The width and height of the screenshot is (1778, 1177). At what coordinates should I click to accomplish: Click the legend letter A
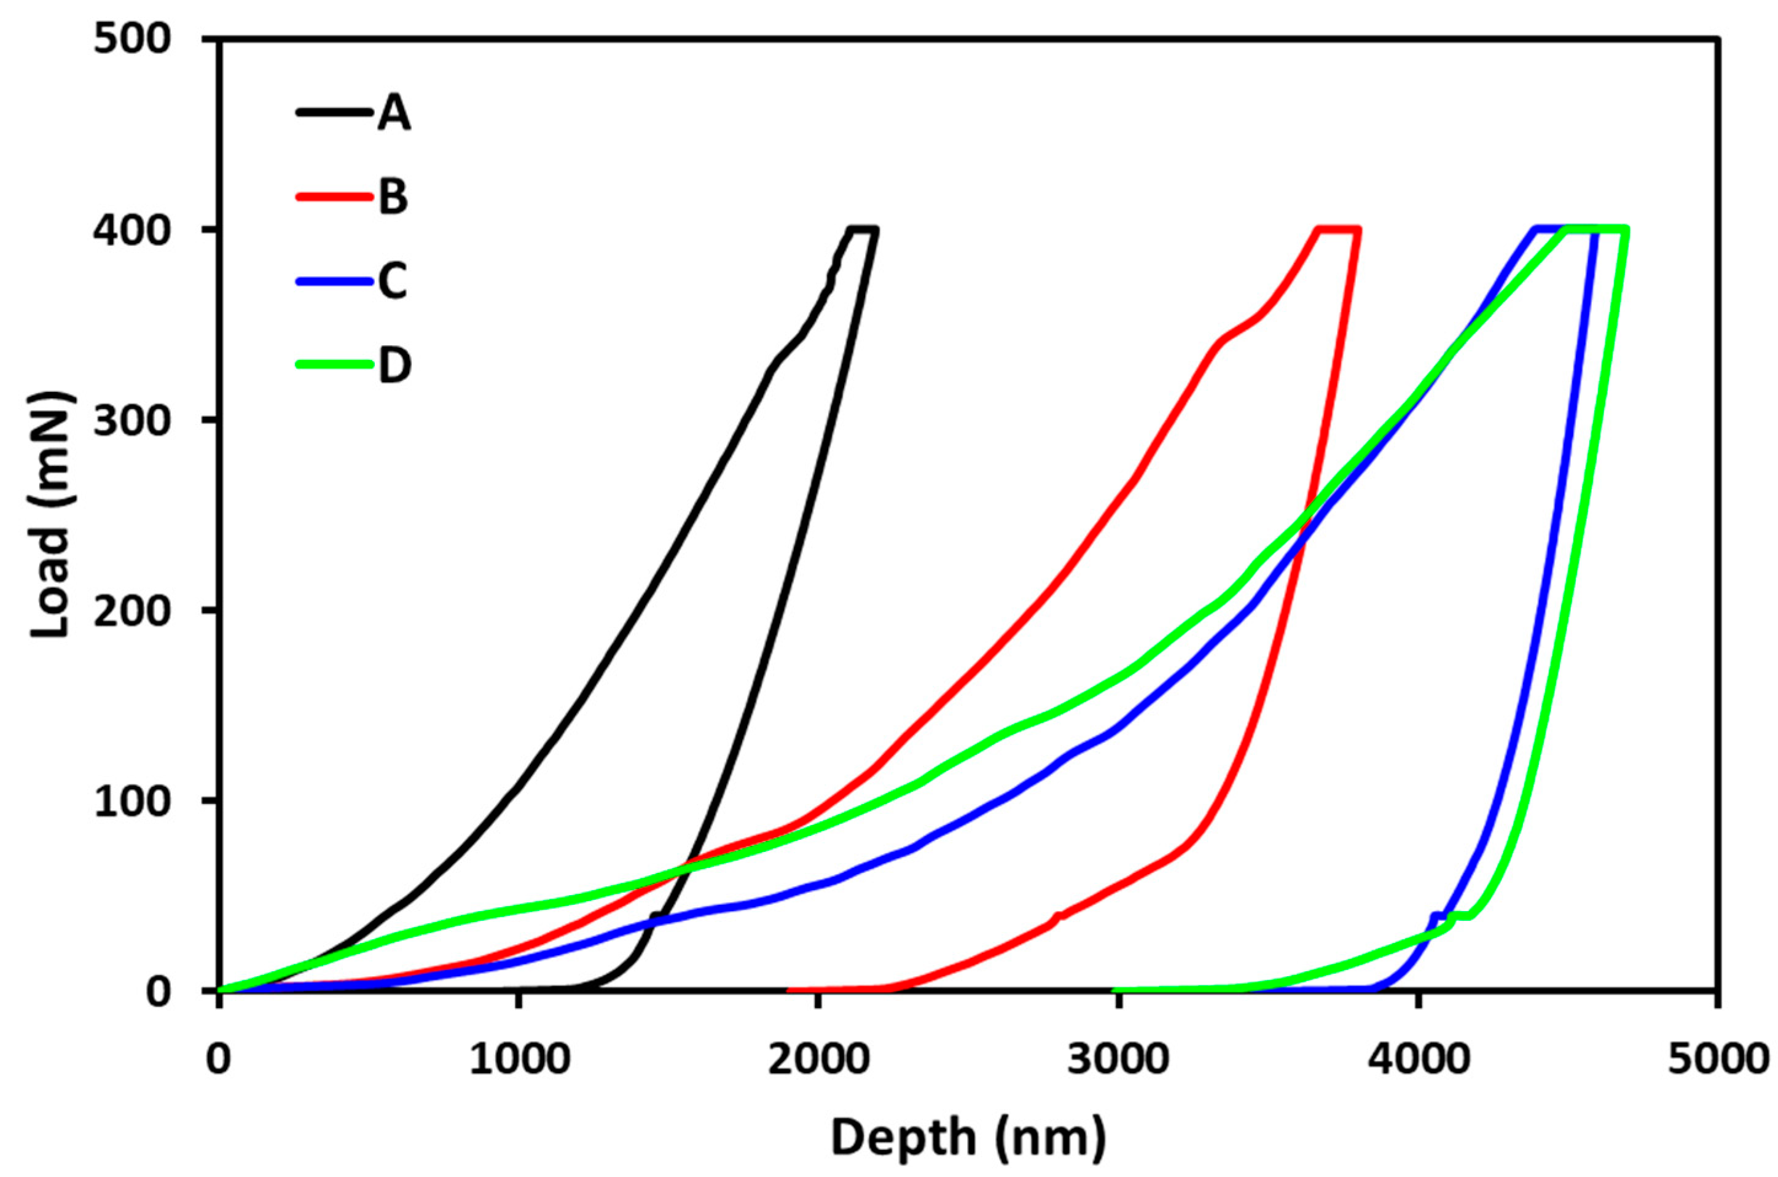[394, 114]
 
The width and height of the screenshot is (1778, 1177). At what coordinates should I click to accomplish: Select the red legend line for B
[334, 197]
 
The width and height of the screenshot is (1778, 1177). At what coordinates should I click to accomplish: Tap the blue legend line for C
[334, 281]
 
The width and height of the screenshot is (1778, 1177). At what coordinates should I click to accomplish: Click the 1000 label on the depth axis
[517, 1060]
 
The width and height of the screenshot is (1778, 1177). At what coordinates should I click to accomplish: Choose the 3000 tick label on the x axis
[1118, 1060]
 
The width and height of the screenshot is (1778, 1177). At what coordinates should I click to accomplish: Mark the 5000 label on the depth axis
[1717, 1060]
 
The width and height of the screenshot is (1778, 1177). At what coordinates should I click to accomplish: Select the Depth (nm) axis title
[968, 1137]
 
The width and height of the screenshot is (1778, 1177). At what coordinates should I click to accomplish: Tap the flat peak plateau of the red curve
[1338, 229]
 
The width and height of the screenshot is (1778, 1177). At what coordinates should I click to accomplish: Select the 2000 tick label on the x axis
[817, 1060]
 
